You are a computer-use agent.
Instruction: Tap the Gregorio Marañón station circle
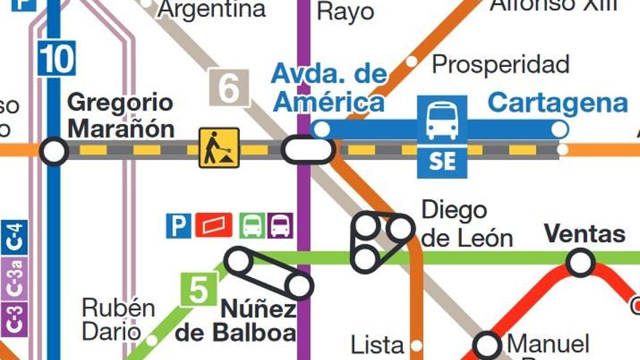coord(53,151)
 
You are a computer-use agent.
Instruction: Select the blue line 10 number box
coord(56,58)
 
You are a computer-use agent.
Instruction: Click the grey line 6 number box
coord(228,88)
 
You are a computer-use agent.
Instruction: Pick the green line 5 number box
coord(199,289)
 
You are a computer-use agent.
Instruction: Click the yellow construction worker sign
coord(219,148)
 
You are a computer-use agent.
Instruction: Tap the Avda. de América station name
coord(329,87)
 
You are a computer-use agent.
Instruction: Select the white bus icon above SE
coord(442,120)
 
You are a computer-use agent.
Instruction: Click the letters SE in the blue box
coord(442,161)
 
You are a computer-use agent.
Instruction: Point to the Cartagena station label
coord(557,103)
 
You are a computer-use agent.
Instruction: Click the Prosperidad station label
coord(500,65)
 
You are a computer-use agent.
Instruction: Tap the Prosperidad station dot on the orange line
coord(412,62)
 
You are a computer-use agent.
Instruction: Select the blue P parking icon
coord(178,225)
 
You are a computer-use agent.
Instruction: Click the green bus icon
coord(252,225)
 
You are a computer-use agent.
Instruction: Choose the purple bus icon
coord(280,225)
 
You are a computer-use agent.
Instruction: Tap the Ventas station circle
coord(580,262)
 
